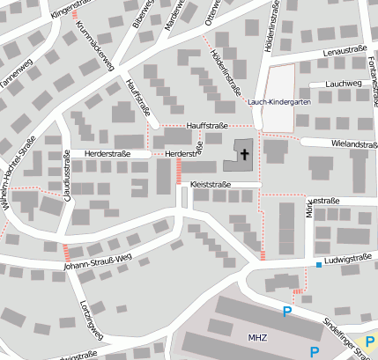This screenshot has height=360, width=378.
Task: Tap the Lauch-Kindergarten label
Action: click(279, 102)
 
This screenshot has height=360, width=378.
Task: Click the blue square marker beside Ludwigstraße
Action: click(318, 265)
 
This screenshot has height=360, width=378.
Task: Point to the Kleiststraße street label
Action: click(211, 185)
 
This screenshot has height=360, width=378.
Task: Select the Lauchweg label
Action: click(343, 84)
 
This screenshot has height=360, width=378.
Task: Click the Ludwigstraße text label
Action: click(345, 261)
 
